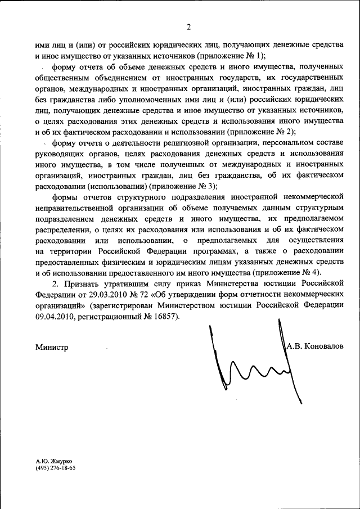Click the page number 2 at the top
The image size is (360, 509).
coord(189,26)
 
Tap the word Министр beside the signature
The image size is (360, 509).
coord(52,347)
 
